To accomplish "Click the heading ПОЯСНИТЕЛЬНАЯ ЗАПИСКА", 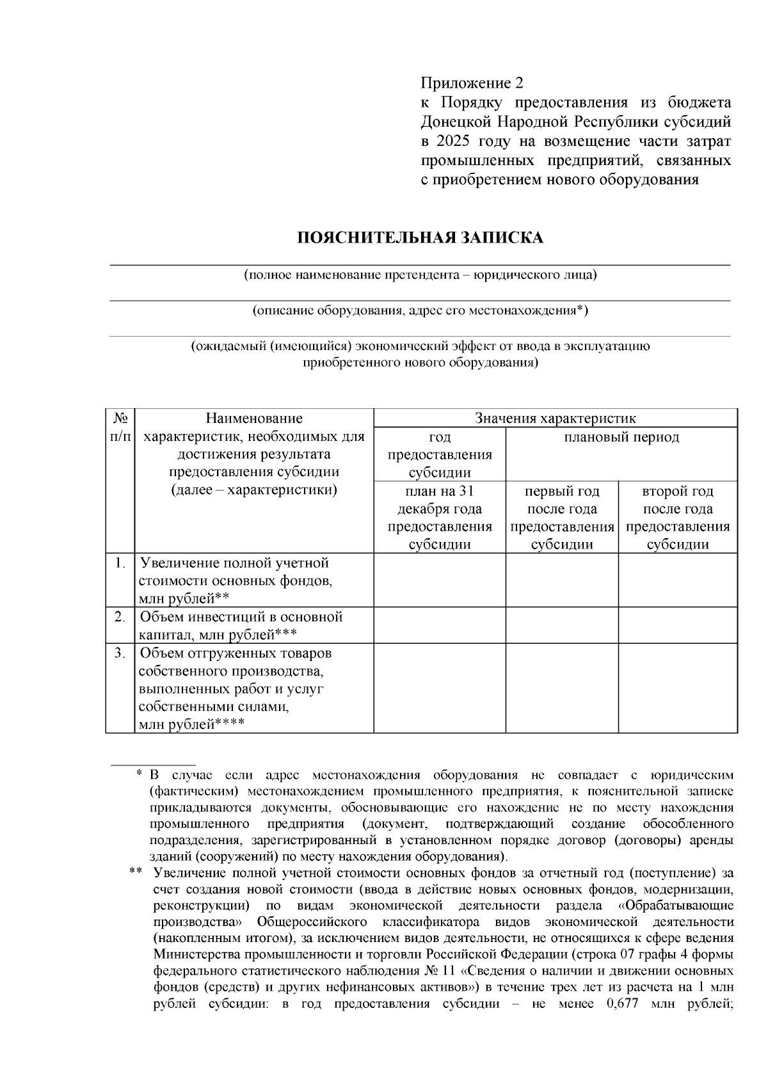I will [419, 238].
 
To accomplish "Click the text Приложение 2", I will [472, 83].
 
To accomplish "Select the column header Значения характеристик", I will [555, 419].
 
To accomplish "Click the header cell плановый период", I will [621, 438].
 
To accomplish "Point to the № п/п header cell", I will [120, 427].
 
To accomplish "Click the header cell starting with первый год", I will [562, 518].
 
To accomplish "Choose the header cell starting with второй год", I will [677, 518].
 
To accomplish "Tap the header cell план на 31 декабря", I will [440, 518].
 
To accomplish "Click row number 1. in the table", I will [120, 563].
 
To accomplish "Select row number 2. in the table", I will [120, 617].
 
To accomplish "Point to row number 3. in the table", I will [120, 654].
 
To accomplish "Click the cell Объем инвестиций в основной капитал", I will [241, 625].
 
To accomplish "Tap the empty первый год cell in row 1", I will [562, 580].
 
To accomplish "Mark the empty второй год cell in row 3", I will [677, 688].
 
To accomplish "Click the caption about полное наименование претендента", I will [419, 275].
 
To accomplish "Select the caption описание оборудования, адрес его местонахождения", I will [419, 311].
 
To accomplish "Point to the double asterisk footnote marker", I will [135, 872].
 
